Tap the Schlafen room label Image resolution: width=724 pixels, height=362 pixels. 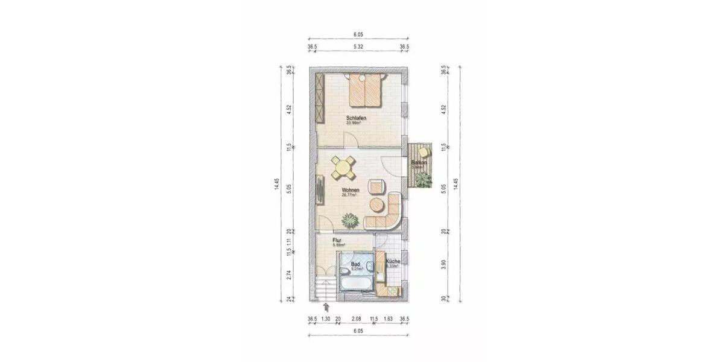356,118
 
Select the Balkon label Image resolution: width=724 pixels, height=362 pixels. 419,163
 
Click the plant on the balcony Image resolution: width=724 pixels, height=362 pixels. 424,179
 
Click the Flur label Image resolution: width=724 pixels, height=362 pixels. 337,240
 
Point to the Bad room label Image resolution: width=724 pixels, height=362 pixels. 355,264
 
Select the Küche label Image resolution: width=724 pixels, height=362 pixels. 393,261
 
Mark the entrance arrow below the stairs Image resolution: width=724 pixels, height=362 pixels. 326,306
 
